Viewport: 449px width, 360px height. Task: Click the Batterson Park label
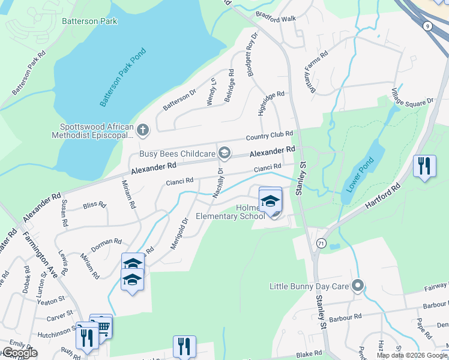click(89, 21)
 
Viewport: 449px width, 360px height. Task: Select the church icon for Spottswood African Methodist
click(143, 130)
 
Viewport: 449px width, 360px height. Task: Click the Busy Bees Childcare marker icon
click(224, 154)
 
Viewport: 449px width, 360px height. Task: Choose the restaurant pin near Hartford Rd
click(424, 164)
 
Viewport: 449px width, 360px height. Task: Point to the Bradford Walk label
click(276, 19)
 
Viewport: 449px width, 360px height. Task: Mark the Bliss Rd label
click(94, 205)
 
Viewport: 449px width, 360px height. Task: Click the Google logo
click(19, 353)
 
